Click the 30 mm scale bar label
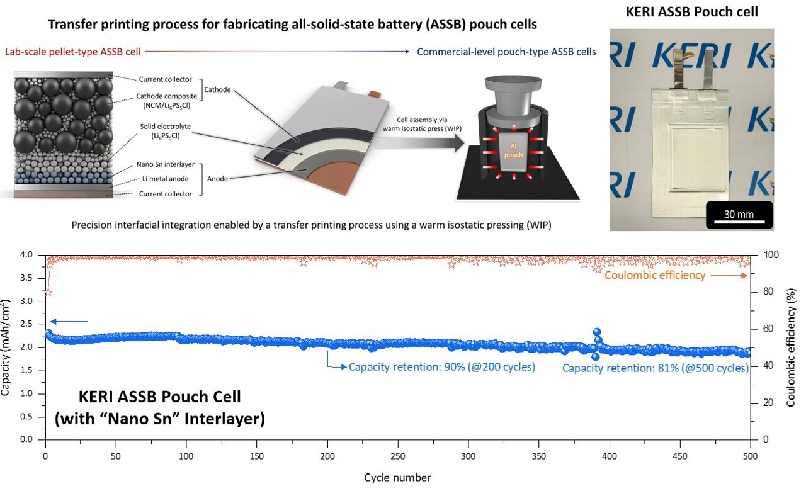tap(738, 214)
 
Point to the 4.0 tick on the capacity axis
tap(30, 255)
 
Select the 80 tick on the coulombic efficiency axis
tap(763, 291)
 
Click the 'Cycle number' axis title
tap(397, 478)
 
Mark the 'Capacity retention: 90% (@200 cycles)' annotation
tap(442, 367)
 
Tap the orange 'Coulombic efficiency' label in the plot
tap(655, 275)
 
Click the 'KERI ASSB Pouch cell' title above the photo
tap(691, 12)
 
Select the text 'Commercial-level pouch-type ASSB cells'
tap(506, 52)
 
